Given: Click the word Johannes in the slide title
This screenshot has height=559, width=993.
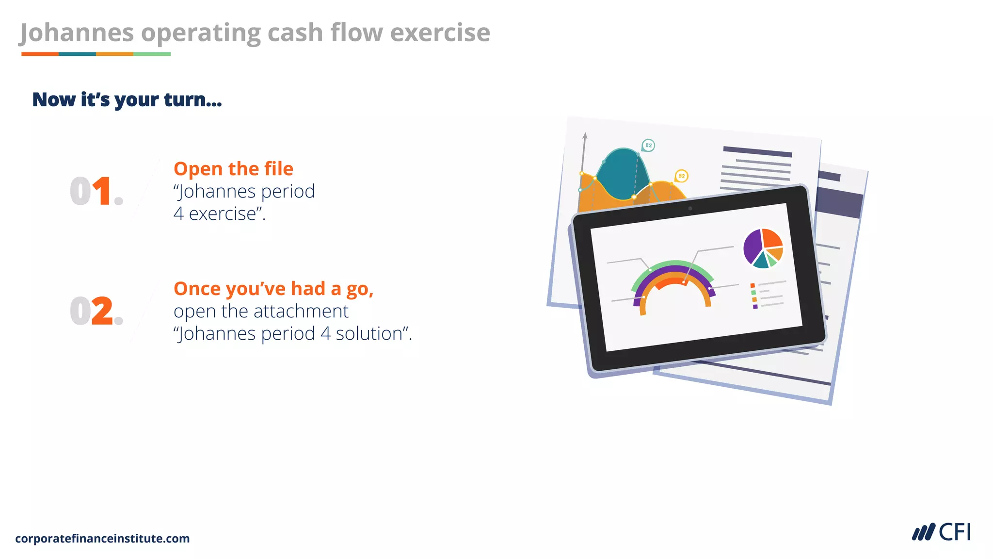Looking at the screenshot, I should tap(77, 33).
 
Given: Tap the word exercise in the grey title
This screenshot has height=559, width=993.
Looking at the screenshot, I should tap(440, 33).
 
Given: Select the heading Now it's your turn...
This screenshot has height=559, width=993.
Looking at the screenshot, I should tap(127, 99).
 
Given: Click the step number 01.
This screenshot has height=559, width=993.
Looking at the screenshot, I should tap(96, 191).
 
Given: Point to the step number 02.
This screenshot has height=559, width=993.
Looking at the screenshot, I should tap(96, 311).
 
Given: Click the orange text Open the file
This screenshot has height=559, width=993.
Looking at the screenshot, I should tap(233, 169).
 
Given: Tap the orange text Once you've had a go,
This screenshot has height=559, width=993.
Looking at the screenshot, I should tap(273, 289).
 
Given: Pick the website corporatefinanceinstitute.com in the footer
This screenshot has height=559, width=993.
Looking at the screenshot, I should tap(102, 539).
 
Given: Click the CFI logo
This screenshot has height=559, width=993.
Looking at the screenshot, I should tap(941, 532).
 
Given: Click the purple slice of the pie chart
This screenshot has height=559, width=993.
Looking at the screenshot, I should tap(753, 247).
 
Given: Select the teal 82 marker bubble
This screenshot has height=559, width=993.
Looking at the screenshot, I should tap(648, 145).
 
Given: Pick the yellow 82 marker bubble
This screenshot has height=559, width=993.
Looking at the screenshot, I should tap(681, 176).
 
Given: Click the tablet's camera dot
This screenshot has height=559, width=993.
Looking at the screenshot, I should tap(690, 209).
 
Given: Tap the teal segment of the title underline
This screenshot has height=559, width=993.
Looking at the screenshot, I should tap(77, 54).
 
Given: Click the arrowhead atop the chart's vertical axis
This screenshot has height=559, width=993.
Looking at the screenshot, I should tap(585, 135).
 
